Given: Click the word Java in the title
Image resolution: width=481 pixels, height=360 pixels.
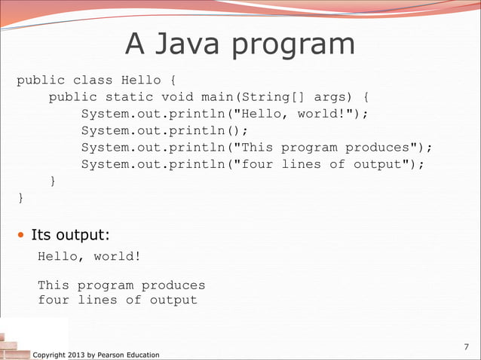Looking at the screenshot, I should tap(188, 44).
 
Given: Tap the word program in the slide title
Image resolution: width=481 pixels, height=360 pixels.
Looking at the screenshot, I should tap(294, 45).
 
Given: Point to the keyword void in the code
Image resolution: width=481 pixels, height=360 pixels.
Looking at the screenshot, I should tap(177, 96).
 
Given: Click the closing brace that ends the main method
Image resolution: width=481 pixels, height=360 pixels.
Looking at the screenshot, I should tap(53, 181).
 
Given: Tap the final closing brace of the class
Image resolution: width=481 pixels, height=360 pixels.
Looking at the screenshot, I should tap(21, 198).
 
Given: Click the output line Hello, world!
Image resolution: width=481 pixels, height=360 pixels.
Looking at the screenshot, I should tap(89, 256).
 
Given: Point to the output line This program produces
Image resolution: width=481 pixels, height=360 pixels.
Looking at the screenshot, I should tap(121, 285).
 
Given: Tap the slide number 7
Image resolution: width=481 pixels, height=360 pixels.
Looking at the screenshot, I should tap(466, 346).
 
